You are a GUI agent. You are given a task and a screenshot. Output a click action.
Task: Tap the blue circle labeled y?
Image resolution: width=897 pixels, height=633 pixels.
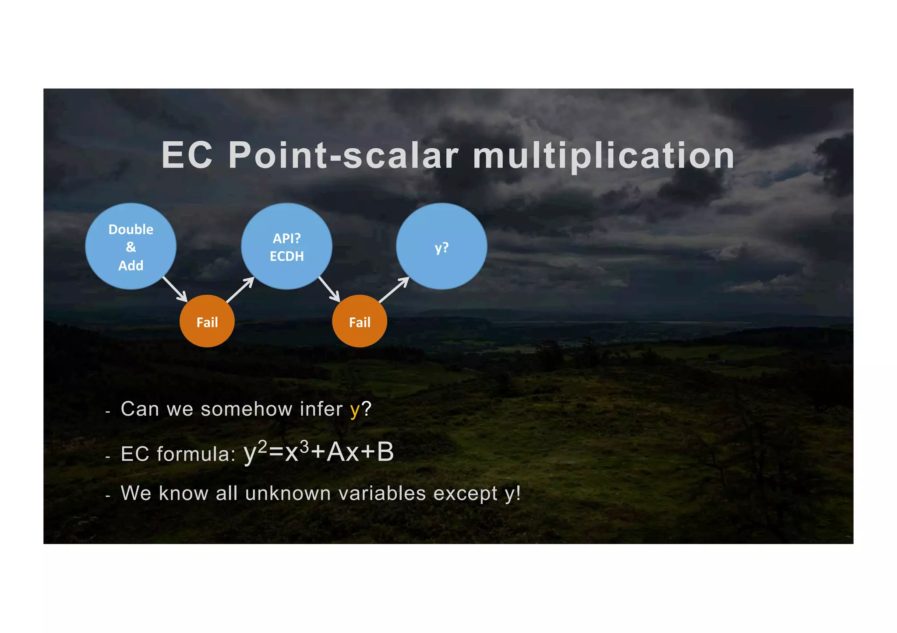click(441, 246)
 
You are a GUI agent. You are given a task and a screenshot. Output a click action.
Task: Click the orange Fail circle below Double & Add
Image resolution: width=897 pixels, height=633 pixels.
click(207, 322)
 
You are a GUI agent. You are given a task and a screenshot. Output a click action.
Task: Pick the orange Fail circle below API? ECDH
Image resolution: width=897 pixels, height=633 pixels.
click(360, 322)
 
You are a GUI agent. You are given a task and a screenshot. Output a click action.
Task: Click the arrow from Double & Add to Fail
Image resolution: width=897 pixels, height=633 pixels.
click(175, 289)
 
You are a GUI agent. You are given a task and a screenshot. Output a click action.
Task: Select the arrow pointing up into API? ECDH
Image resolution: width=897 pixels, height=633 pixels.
click(240, 290)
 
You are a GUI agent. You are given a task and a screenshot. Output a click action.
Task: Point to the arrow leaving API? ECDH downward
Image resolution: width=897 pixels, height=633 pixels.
click(329, 289)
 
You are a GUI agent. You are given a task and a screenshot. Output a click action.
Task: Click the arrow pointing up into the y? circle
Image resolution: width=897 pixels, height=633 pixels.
click(394, 290)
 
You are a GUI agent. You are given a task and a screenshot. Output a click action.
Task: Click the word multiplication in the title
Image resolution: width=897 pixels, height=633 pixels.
click(604, 156)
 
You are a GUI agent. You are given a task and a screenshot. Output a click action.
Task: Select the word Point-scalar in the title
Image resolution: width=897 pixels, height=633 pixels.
click(343, 156)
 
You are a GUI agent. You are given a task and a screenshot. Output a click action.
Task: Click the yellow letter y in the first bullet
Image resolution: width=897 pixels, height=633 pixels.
click(354, 410)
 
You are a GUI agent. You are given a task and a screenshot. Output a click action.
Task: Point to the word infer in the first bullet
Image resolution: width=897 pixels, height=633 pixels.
click(321, 409)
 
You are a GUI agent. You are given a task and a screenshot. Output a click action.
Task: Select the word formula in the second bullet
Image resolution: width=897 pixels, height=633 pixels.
click(194, 454)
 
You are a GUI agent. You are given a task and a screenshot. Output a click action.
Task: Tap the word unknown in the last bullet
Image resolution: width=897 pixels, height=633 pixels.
click(288, 493)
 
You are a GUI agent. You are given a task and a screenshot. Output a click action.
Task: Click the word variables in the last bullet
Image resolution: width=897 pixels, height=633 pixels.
click(382, 493)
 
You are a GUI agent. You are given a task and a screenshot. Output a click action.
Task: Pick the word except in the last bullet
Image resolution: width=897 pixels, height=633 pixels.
click(465, 494)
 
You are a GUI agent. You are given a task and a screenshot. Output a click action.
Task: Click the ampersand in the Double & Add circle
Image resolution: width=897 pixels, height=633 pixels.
click(131, 247)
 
